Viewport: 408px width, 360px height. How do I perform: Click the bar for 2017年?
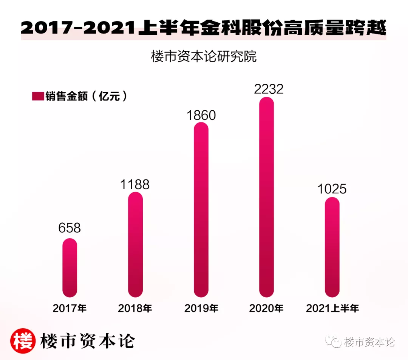tap(70, 267)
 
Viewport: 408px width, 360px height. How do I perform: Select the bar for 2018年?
tap(135, 244)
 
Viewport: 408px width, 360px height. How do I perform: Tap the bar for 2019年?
tap(201, 209)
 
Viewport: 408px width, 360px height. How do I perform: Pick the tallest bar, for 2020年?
tap(267, 197)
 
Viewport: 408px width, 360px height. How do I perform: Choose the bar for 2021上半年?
tap(332, 247)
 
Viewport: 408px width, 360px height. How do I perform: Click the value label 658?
tap(70, 228)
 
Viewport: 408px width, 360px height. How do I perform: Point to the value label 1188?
tap(135, 184)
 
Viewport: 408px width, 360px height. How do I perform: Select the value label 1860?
tap(201, 115)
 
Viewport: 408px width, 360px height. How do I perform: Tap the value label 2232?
tap(269, 89)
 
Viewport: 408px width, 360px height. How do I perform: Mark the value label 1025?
tap(332, 189)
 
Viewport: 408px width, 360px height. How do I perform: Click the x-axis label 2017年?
tap(70, 308)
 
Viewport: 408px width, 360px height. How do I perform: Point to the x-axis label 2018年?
tap(135, 308)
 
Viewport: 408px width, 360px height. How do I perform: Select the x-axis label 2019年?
tap(201, 308)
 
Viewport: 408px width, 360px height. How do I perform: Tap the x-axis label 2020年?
tap(266, 308)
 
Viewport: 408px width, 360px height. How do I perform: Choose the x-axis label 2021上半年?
tap(332, 308)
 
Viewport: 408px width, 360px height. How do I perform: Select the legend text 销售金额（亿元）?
tap(87, 96)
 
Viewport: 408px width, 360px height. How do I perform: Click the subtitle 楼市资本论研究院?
tap(204, 57)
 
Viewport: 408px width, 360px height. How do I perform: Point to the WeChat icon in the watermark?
tap(334, 342)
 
